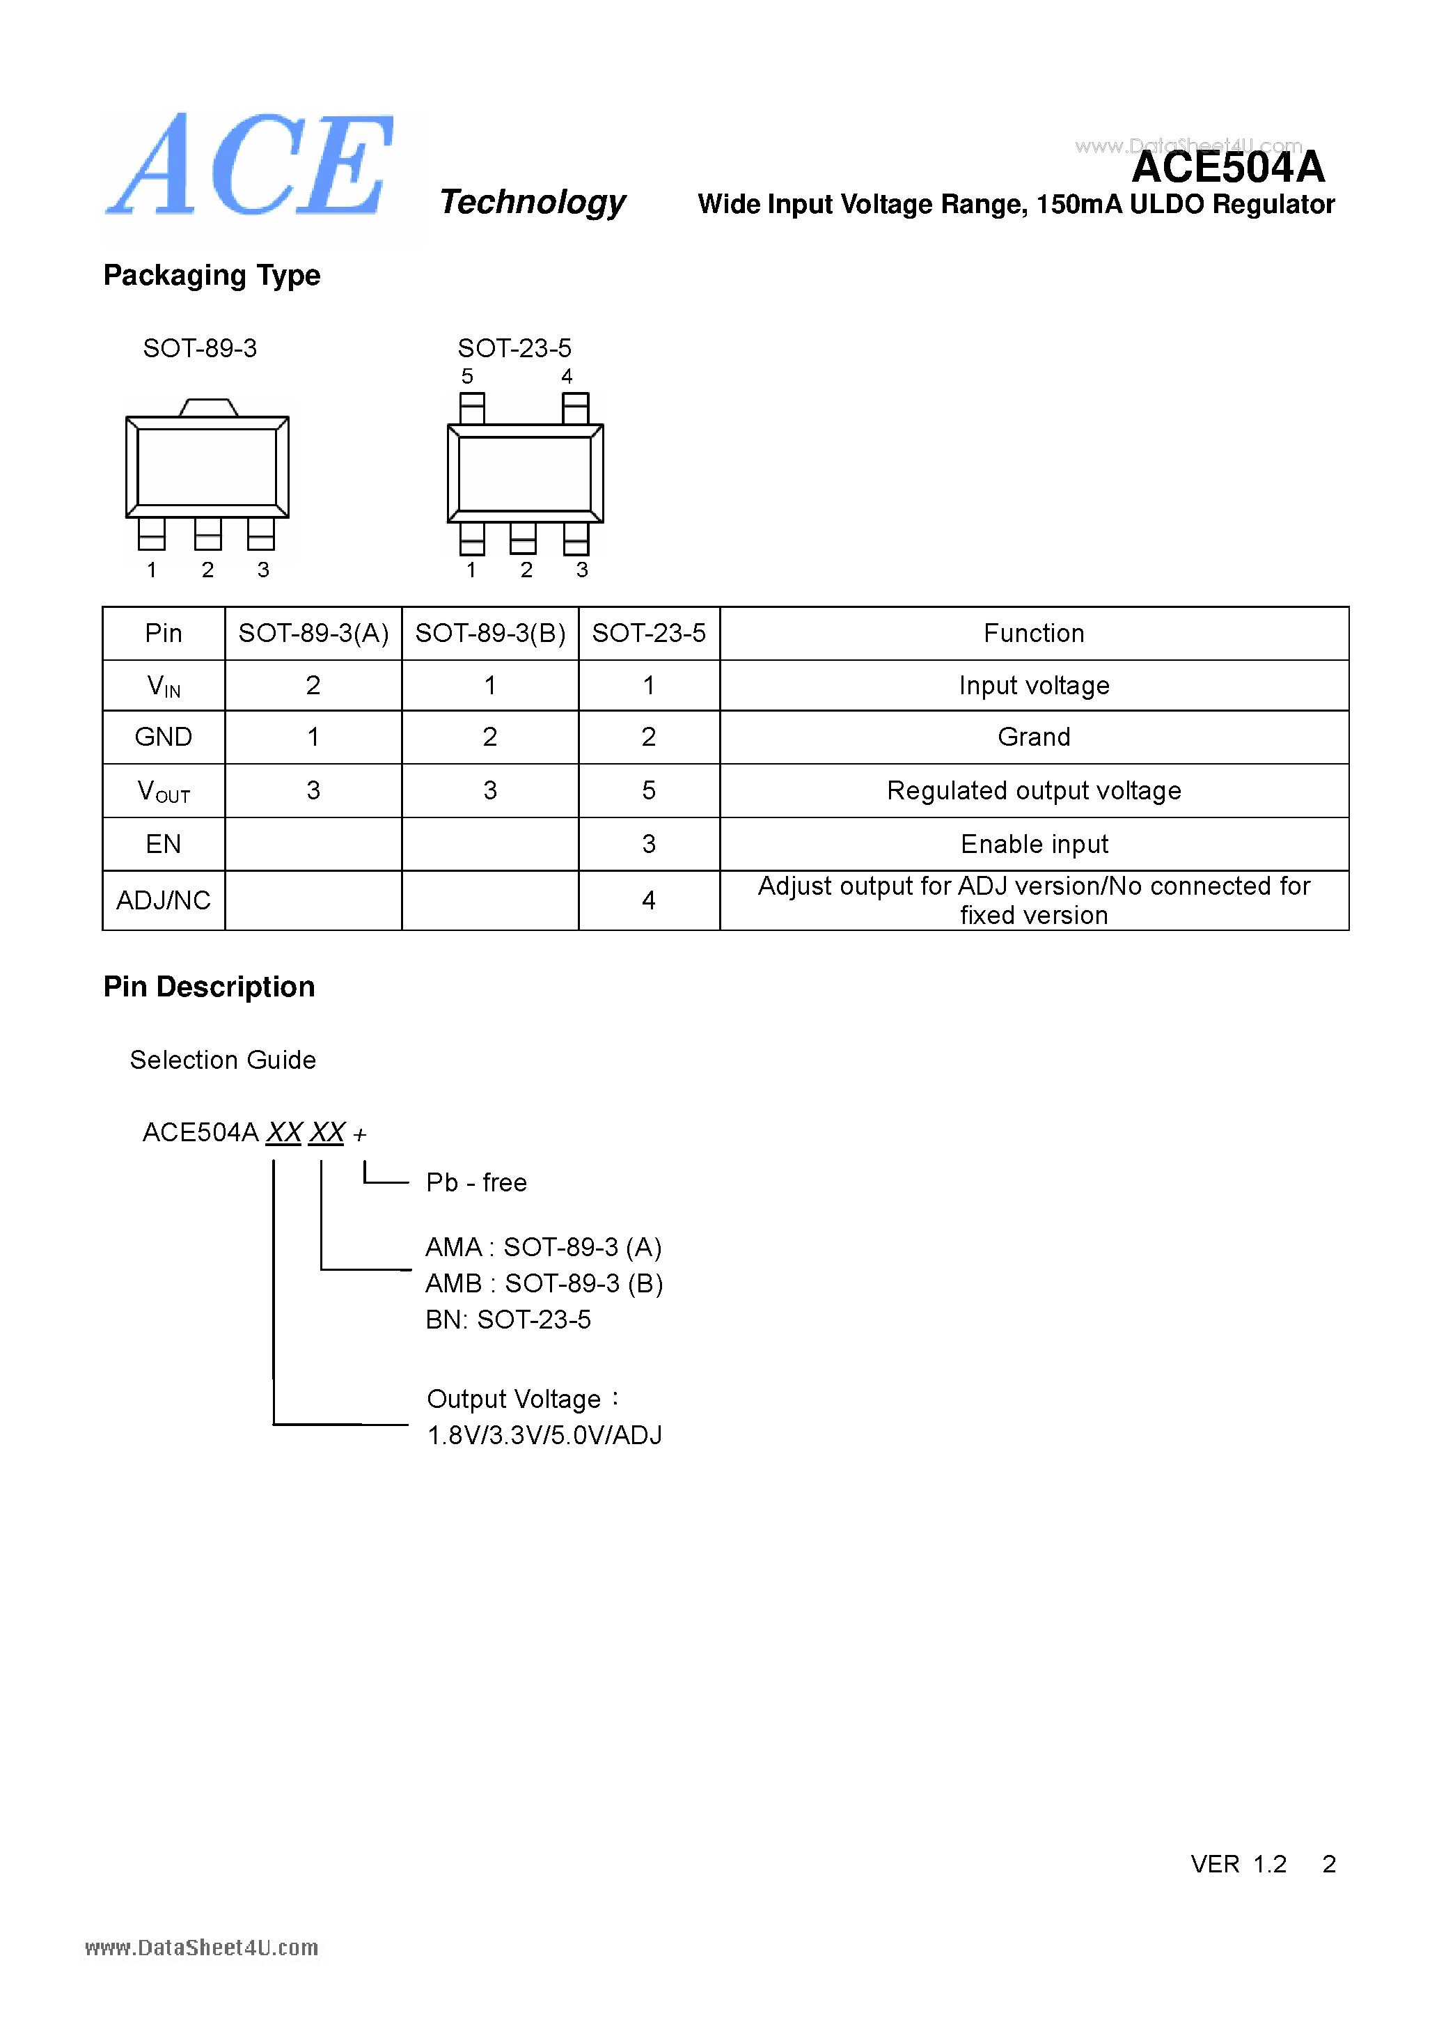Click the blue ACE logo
tap(251, 166)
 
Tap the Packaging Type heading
tap(211, 275)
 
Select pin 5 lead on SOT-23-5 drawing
tap(472, 408)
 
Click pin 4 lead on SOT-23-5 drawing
tap(576, 408)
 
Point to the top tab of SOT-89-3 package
tap(208, 408)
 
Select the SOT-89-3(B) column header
tap(489, 633)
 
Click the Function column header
tap(1033, 633)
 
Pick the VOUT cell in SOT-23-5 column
tap(648, 790)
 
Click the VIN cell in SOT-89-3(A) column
tap(313, 685)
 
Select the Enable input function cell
tap(1034, 844)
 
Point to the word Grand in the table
tap(1033, 737)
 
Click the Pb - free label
tap(476, 1182)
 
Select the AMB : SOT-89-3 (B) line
tap(544, 1283)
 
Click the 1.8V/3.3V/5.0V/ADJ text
tap(544, 1435)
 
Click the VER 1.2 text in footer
tap(1238, 1863)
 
